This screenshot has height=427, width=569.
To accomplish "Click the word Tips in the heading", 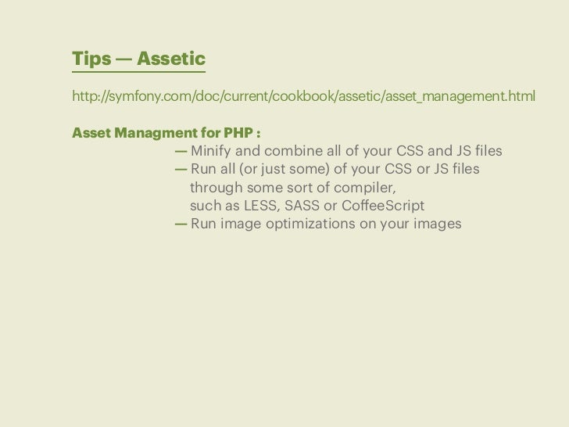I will pos(90,60).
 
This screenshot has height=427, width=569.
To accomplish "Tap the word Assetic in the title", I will pos(170,60).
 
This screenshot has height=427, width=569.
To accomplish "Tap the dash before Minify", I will pos(181,150).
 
